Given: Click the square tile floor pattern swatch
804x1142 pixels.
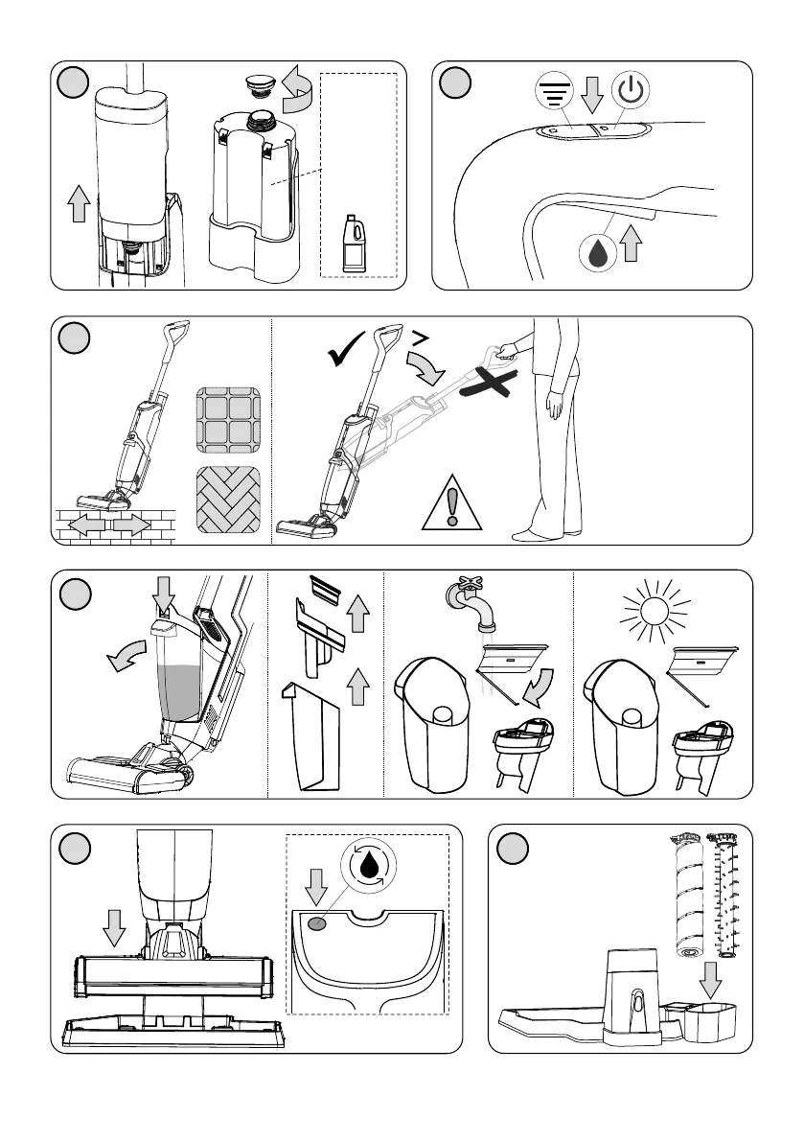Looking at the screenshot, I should pyautogui.click(x=227, y=421).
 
